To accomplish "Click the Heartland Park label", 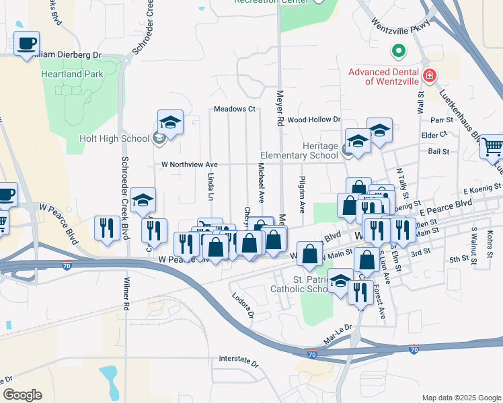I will [x=72, y=74].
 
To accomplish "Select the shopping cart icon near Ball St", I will [x=492, y=146].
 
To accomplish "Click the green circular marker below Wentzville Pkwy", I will [x=398, y=50].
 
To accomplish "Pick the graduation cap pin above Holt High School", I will [x=170, y=123].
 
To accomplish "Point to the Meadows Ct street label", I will [x=235, y=109].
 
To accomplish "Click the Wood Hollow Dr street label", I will [x=314, y=120].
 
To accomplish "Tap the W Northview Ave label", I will [x=190, y=164].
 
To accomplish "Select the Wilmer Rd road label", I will [x=125, y=294].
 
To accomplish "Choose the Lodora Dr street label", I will [x=243, y=306].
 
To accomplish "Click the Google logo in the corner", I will [x=22, y=395].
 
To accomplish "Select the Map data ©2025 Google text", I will [x=461, y=398].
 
